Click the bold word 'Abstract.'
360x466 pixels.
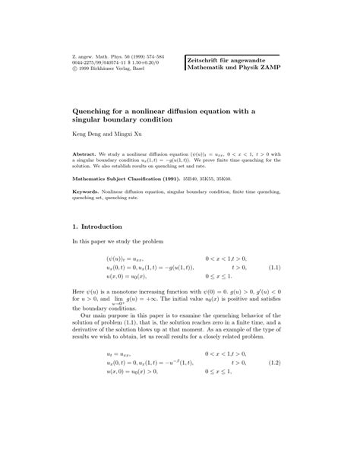click(87, 152)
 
